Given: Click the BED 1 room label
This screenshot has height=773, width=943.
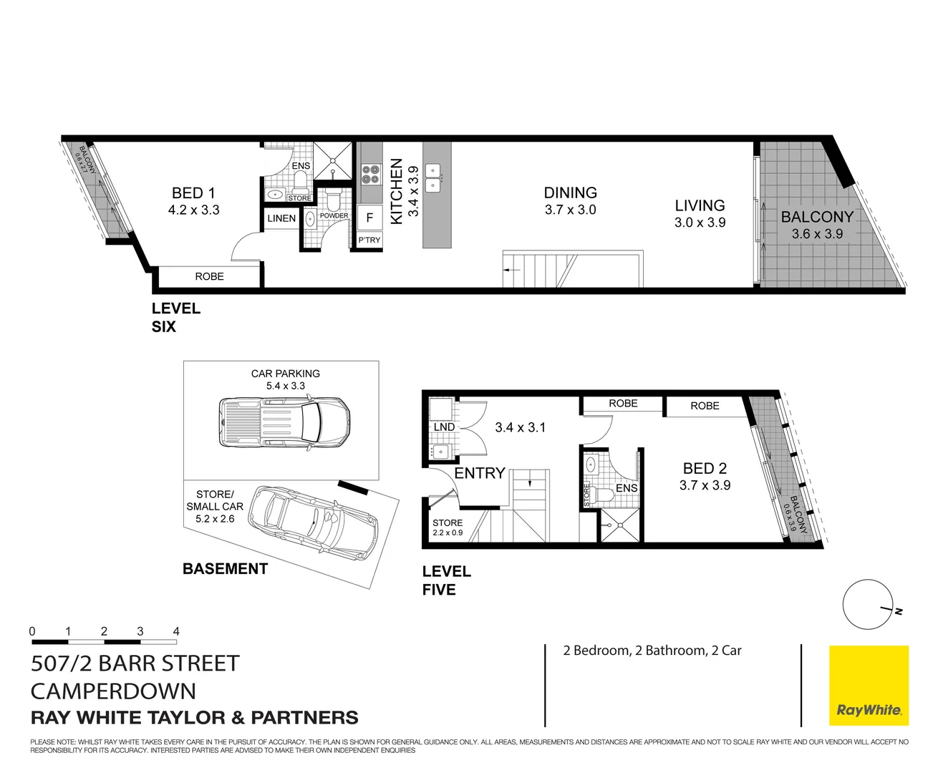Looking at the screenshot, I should (x=193, y=193).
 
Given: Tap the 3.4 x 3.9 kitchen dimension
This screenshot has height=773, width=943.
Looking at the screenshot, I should (x=413, y=191).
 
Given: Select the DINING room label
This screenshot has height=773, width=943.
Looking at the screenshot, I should (x=570, y=193).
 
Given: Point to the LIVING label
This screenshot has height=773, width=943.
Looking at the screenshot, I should (x=700, y=205).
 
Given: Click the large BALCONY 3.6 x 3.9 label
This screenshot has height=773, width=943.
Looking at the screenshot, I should (x=817, y=217).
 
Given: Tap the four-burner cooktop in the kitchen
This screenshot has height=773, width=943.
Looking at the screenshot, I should (x=370, y=175).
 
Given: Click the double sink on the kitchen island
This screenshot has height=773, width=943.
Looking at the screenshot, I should (x=433, y=178).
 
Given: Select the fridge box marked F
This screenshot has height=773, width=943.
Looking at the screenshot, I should (x=369, y=218).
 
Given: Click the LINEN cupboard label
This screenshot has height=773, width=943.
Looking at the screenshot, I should (x=281, y=218).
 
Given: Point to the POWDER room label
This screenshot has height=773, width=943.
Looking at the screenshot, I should (x=334, y=215).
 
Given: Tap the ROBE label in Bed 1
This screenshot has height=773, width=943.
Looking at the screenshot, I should (x=209, y=276).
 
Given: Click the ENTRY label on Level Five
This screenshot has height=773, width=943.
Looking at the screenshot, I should (x=480, y=473).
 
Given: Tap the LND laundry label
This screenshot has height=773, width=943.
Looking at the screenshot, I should (x=444, y=427).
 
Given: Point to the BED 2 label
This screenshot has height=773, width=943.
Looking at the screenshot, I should (x=705, y=468).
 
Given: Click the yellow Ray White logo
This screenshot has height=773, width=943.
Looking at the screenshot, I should (x=869, y=686).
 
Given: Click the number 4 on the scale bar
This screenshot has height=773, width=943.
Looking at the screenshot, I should (x=176, y=631).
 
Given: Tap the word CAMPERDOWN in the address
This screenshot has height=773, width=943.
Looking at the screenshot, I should (x=113, y=691).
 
